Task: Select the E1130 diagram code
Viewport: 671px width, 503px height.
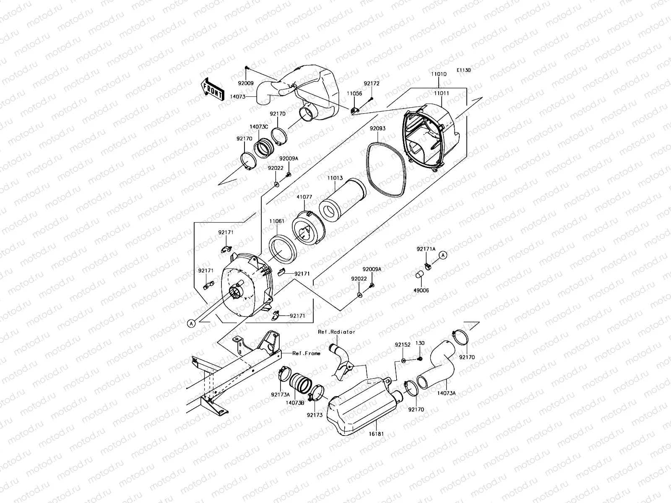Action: [464, 70]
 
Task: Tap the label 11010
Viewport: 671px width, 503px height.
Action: [439, 74]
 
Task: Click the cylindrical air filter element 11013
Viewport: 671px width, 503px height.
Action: [342, 205]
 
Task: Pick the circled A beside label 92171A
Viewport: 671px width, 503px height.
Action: [444, 255]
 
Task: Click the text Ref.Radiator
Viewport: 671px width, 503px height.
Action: [336, 332]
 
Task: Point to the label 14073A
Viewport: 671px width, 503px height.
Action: [446, 393]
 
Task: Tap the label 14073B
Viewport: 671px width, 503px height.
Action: [295, 402]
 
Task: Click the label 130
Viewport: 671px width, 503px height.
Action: [420, 343]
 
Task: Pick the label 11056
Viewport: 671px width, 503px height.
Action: [354, 94]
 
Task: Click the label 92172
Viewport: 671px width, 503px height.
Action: [371, 84]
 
